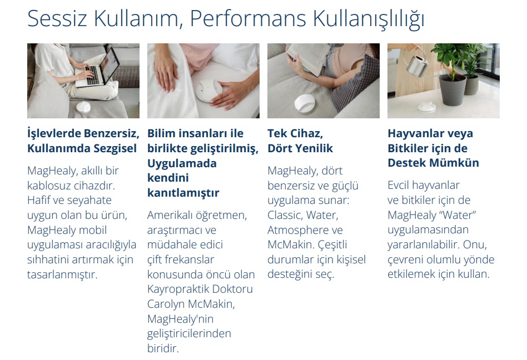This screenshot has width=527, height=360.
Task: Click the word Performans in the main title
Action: (x=248, y=18)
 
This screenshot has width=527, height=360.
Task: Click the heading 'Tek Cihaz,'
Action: (x=295, y=133)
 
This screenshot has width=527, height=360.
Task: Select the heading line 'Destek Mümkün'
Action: (x=433, y=163)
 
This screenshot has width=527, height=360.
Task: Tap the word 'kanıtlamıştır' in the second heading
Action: (x=183, y=193)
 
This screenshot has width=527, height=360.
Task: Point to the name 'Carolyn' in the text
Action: (x=166, y=304)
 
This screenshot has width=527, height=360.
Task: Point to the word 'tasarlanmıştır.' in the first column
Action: (x=62, y=274)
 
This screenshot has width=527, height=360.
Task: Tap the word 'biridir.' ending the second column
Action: (x=163, y=348)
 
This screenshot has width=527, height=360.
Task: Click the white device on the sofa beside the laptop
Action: (x=83, y=107)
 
